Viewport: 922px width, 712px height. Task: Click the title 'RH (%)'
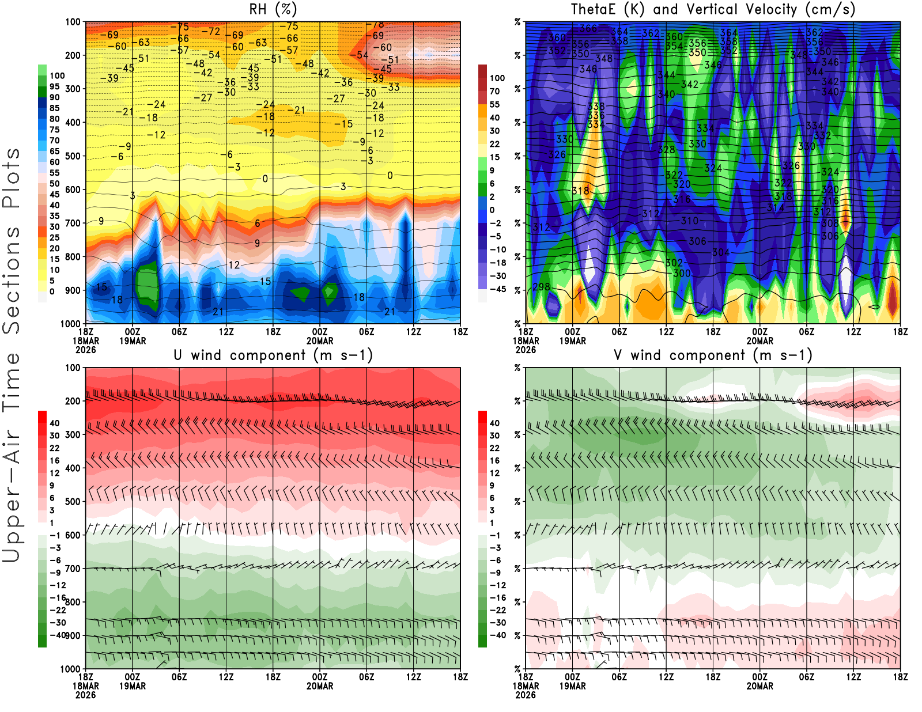pos(273,9)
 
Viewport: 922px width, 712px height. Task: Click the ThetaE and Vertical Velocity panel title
pos(713,9)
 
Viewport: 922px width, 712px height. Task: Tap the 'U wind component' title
pos(273,355)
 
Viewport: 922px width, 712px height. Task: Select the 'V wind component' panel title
pos(713,355)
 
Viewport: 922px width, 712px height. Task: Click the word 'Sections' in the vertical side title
pos(12,280)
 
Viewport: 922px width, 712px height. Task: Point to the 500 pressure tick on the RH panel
pos(73,156)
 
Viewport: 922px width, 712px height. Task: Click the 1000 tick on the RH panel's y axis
pos(70,324)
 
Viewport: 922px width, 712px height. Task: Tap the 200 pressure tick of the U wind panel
pos(73,402)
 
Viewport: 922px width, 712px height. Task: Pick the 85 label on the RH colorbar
pos(55,108)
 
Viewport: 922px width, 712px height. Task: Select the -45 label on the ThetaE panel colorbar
pos(497,289)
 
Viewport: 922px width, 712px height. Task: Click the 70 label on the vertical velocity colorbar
pos(494,91)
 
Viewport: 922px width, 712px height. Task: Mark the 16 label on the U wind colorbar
pos(55,461)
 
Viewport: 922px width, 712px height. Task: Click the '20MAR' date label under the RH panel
pos(320,341)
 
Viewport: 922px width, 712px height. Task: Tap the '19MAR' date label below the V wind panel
pos(572,687)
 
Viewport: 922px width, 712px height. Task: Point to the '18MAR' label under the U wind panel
pos(86,687)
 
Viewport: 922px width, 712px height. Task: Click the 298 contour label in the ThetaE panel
pos(541,287)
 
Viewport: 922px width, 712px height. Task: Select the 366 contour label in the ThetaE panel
pos(588,28)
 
